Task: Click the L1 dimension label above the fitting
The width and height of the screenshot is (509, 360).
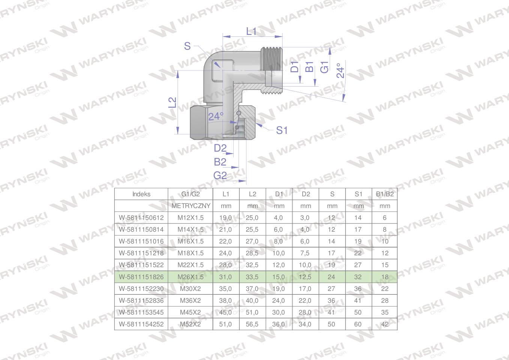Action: pyautogui.click(x=251, y=31)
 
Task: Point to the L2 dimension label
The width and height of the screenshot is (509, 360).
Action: pyautogui.click(x=173, y=102)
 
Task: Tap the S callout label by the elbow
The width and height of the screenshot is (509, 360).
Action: pyautogui.click(x=187, y=46)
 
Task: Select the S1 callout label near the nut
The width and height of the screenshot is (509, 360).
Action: pyautogui.click(x=282, y=130)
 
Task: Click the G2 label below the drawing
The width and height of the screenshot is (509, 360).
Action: pyautogui.click(x=220, y=175)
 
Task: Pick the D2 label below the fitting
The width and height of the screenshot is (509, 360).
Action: pyautogui.click(x=220, y=148)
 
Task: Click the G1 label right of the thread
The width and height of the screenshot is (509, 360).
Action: pyautogui.click(x=324, y=67)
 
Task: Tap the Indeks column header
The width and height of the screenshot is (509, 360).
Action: pyautogui.click(x=141, y=194)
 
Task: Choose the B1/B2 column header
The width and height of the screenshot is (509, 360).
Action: pyautogui.click(x=385, y=194)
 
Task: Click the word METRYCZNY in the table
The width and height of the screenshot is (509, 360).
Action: pyautogui.click(x=191, y=206)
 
